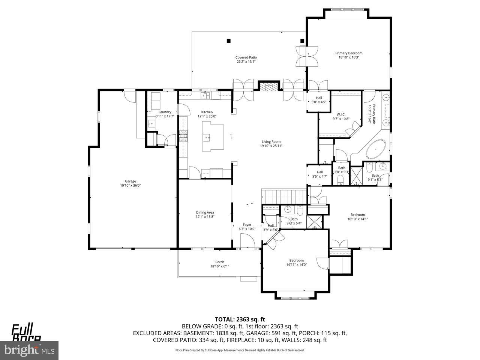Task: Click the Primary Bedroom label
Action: (x=349, y=53)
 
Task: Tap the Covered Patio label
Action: (x=246, y=57)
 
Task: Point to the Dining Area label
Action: (x=205, y=212)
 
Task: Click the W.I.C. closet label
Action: (x=341, y=114)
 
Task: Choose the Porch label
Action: (x=219, y=262)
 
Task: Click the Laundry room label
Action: (x=165, y=112)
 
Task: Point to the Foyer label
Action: (x=247, y=225)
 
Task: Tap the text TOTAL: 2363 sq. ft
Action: (x=240, y=319)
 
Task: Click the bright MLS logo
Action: (x=28, y=351)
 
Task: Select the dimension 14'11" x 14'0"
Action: (x=296, y=265)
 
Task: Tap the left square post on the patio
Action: (x=228, y=41)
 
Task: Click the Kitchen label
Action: (x=207, y=112)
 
